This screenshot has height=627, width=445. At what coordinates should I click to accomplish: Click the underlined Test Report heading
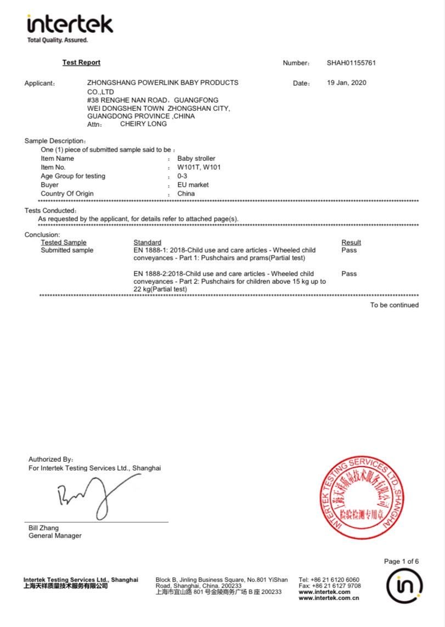[81, 63]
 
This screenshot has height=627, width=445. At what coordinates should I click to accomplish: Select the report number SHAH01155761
[351, 63]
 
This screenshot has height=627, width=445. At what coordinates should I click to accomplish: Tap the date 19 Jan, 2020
[346, 83]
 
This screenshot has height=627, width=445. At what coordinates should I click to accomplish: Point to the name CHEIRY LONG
[143, 124]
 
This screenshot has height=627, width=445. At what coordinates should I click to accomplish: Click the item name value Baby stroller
[196, 159]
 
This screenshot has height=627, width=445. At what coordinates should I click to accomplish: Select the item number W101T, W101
[199, 167]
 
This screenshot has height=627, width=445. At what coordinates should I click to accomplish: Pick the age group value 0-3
[182, 176]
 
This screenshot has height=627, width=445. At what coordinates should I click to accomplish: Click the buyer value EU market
[193, 185]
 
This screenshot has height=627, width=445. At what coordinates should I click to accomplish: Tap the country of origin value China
[186, 194]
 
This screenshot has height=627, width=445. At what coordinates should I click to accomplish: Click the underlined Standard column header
[148, 243]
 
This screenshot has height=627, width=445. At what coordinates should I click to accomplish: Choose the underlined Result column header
[351, 243]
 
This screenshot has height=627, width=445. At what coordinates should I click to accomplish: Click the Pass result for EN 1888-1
[349, 250]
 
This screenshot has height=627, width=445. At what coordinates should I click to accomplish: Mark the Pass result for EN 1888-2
[349, 274]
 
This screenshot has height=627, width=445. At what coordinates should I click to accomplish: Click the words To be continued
[394, 305]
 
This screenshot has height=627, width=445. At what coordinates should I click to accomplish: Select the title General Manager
[55, 536]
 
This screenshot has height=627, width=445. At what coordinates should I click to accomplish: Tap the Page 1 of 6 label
[401, 561]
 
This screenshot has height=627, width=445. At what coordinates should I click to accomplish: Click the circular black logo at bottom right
[404, 586]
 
